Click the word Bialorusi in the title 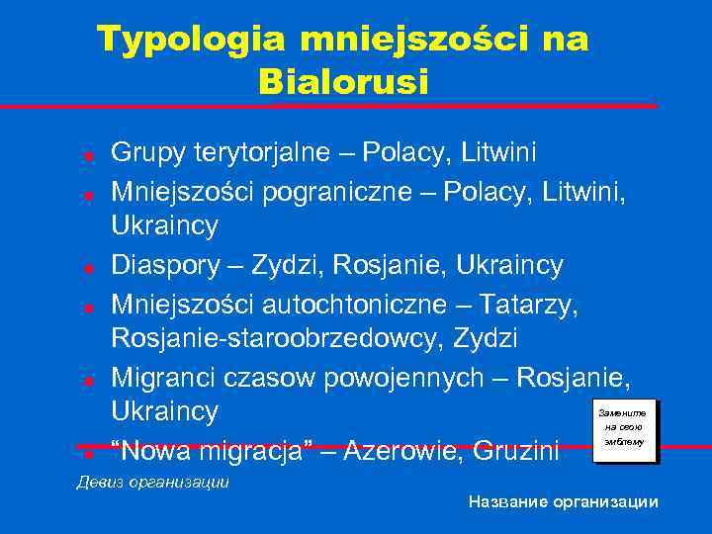pos(344,81)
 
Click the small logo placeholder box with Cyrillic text pos(622,427)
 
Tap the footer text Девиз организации pos(153,483)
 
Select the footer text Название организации pos(563,502)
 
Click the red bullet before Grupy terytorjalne pos(88,155)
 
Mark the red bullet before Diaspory pos(88,267)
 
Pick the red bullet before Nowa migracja pos(88,454)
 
